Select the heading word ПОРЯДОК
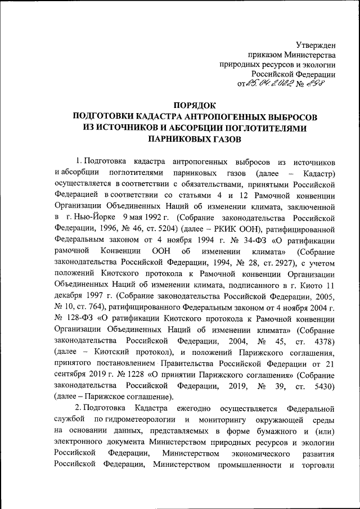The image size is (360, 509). click(195, 105)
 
